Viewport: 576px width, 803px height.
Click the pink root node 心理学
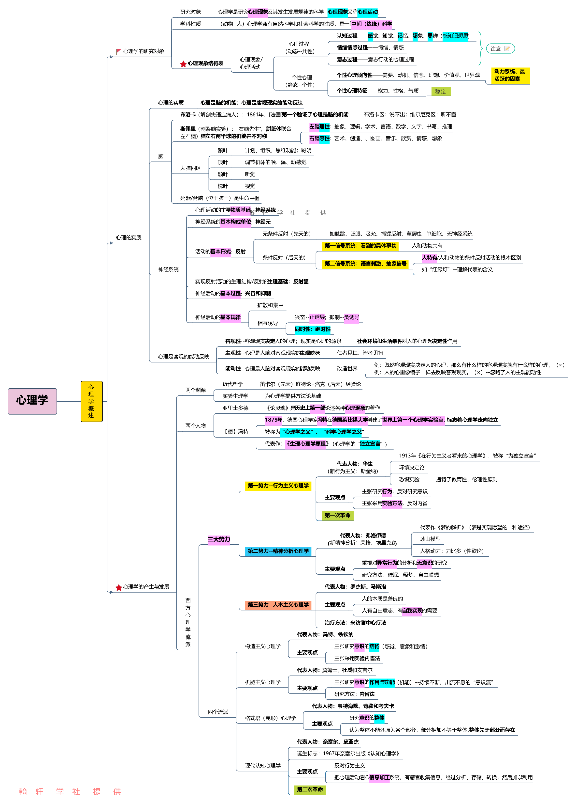click(32, 401)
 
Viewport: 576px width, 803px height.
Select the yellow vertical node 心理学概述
click(92, 401)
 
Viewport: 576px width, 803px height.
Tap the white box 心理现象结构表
click(202, 64)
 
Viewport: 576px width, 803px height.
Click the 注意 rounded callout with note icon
click(500, 48)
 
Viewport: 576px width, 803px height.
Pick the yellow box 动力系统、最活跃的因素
click(510, 75)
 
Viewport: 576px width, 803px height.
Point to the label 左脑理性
click(319, 126)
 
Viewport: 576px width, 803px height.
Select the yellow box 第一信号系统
click(360, 246)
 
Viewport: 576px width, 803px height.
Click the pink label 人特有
click(429, 258)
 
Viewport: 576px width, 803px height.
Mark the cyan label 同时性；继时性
click(313, 329)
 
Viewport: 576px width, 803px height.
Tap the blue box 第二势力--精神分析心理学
click(278, 551)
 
